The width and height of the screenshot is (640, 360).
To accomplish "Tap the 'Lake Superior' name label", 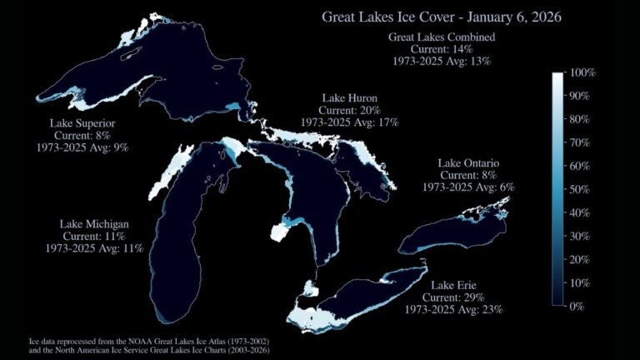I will pos(82,123).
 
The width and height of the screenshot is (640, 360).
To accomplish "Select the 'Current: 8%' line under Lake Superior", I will pos(82,135).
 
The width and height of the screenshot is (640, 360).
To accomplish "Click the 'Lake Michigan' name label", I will pos(94,224).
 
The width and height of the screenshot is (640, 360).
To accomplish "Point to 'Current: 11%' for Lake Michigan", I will pos(94,236).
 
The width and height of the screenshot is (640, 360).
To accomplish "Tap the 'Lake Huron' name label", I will pos(349,98).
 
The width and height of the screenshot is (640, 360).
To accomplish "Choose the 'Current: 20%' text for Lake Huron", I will pos(349,110).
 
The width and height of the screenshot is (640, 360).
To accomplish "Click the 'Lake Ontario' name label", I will pos(467,163).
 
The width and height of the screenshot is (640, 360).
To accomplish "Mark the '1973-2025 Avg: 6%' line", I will pos(467,187).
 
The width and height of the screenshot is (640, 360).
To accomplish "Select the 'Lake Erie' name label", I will pos(454,286).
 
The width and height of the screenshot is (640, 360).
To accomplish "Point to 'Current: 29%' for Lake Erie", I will pos(454,297).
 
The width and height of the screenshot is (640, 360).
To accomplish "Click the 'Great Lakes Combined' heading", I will pos(442,37).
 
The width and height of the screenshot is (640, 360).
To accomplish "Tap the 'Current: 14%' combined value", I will pos(442,49).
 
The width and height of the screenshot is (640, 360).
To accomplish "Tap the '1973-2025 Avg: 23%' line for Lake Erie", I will pos(454,310).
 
